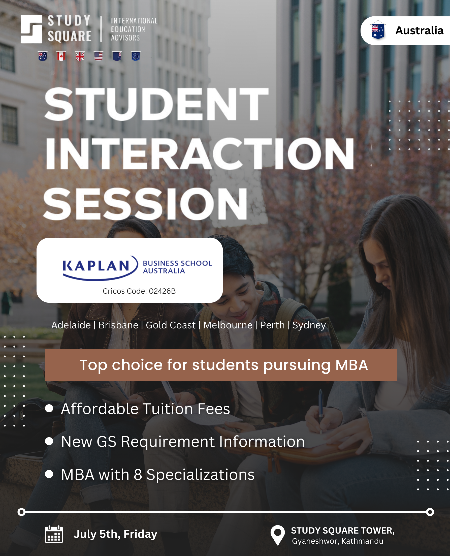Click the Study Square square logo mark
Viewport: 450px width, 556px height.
31,29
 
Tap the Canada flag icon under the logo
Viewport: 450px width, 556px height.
61,56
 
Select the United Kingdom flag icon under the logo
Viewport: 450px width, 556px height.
80,56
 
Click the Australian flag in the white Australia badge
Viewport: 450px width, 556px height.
378,30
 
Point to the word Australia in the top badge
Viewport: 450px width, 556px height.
419,30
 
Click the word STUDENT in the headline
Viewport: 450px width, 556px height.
156,104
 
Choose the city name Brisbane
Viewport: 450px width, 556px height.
118,325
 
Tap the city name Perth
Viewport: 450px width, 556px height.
272,325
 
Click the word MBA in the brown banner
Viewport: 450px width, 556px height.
351,365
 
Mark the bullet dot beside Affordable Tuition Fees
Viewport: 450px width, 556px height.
49,409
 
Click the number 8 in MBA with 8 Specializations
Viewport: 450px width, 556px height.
138,475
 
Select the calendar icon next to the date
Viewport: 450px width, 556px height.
54,534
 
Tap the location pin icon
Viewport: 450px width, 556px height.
278,535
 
